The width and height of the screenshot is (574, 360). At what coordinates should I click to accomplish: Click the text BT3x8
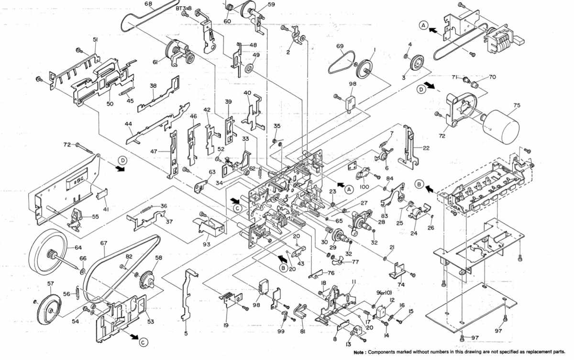point(184,8)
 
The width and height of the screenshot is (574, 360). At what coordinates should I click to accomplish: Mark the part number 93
point(206,245)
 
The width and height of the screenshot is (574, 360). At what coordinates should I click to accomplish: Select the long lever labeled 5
point(189,294)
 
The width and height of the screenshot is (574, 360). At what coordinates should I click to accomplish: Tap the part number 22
point(426,148)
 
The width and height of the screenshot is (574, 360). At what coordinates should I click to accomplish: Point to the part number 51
point(95,40)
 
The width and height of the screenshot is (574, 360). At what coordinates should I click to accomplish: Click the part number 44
point(128,124)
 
